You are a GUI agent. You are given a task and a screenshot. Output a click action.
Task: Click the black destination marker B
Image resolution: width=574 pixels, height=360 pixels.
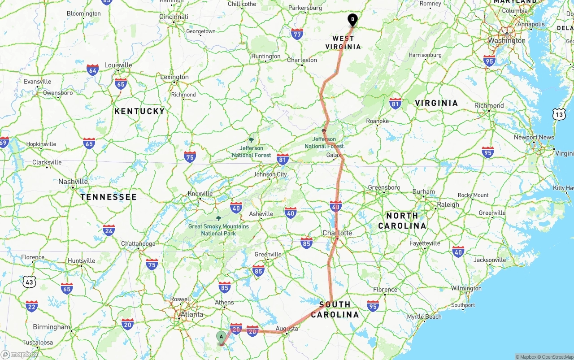point(352,20)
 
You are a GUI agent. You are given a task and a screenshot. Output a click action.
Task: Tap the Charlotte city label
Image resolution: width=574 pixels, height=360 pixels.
point(337,233)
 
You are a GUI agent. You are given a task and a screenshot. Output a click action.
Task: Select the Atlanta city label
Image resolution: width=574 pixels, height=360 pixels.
point(191,314)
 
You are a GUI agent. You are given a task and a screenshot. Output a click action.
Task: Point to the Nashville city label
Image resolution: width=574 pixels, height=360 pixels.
point(73,182)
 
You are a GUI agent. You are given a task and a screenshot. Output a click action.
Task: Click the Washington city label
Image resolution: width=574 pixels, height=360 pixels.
point(507,40)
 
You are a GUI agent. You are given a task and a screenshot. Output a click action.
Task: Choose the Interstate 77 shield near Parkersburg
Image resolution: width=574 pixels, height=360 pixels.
point(297,34)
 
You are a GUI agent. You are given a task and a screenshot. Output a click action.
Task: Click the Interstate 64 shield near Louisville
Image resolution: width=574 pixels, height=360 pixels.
point(93,70)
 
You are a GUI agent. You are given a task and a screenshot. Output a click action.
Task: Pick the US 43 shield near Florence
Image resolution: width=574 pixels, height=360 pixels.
point(30,282)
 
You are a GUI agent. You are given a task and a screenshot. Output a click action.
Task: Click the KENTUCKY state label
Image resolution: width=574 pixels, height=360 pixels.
point(139,111)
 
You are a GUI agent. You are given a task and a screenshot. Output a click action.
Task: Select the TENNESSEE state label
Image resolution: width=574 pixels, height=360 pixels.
point(109,197)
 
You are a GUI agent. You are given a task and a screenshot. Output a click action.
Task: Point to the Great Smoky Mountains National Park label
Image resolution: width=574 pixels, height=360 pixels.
point(218,230)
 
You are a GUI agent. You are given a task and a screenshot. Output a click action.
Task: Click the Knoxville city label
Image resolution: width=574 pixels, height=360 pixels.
point(200,194)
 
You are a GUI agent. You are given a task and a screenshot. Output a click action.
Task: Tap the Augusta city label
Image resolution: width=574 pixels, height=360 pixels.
point(287,329)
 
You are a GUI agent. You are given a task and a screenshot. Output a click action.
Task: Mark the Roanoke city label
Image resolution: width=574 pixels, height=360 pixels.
point(377,121)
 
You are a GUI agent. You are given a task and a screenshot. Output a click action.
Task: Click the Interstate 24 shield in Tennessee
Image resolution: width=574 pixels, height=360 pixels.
point(109,230)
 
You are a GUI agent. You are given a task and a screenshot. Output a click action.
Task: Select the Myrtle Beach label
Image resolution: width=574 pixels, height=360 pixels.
point(424,317)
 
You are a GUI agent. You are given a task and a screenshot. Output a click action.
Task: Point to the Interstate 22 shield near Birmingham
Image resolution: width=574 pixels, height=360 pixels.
point(31,307)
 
